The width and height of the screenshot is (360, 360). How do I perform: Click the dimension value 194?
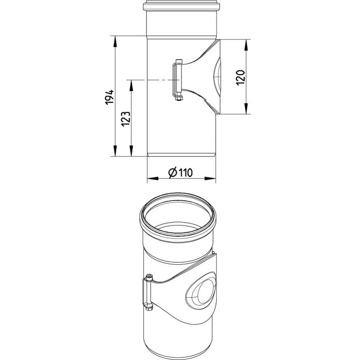109,97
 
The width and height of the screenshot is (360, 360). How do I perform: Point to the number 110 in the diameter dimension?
186,173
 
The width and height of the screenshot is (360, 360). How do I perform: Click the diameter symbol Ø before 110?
172,173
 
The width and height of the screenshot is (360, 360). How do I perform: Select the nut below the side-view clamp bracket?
178,98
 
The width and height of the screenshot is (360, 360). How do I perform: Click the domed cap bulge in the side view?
217,77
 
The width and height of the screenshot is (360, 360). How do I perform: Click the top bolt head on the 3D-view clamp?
149,277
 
